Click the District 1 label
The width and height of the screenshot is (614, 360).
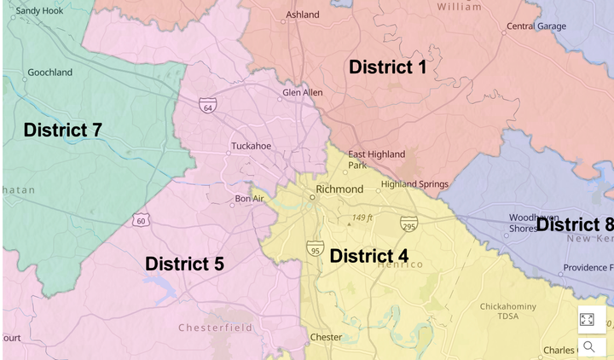click(x=387, y=67)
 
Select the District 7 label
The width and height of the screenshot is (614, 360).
click(x=62, y=130)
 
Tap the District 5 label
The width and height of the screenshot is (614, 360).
click(x=184, y=264)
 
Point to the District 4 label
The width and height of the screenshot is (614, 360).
click(x=368, y=256)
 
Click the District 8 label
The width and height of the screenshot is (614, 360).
click(x=574, y=224)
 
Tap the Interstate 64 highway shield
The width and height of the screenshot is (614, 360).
click(x=207, y=105)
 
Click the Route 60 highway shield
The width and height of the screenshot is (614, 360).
click(x=141, y=220)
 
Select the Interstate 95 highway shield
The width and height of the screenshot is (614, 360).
click(x=316, y=248)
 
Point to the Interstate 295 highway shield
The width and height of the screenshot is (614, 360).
click(x=408, y=224)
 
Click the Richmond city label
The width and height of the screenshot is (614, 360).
click(x=339, y=189)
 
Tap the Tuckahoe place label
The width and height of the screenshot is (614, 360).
click(x=251, y=146)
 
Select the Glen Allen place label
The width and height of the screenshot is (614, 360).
click(x=303, y=92)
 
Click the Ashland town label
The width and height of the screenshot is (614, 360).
click(x=303, y=15)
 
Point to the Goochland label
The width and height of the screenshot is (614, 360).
click(x=49, y=73)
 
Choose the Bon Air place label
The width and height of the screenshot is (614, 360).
click(x=251, y=199)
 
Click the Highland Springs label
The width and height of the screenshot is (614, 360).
click(x=414, y=184)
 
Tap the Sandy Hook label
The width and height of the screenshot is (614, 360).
click(x=40, y=11)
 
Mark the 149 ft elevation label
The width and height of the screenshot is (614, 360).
click(x=362, y=218)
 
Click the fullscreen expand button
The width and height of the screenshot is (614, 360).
click(x=587, y=319)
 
